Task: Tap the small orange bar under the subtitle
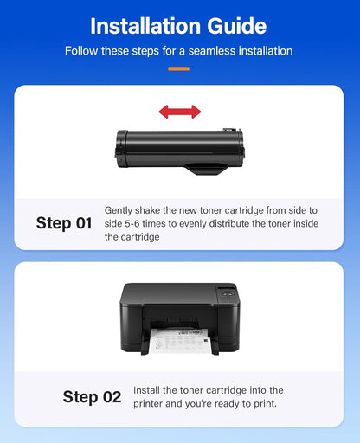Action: pos(179,67)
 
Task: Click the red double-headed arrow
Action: pos(179,112)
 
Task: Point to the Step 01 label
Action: pos(63,223)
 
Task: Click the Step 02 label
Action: pos(92,397)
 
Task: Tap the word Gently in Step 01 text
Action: pos(120,210)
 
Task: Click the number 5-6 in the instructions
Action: pos(132,223)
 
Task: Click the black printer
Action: pos(179,316)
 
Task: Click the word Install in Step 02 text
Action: pos(150,391)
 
